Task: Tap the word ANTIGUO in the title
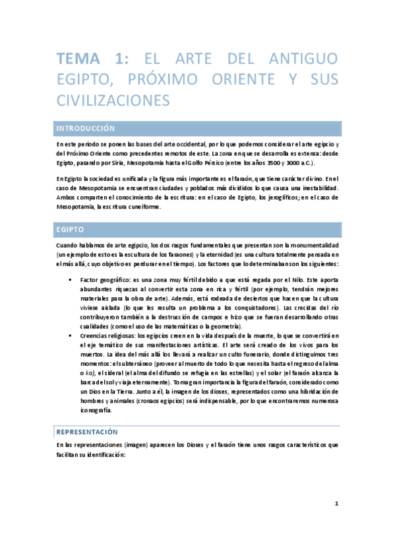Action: click(x=303, y=59)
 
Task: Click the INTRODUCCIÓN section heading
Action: click(x=86, y=128)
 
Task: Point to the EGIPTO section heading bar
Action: click(x=198, y=229)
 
